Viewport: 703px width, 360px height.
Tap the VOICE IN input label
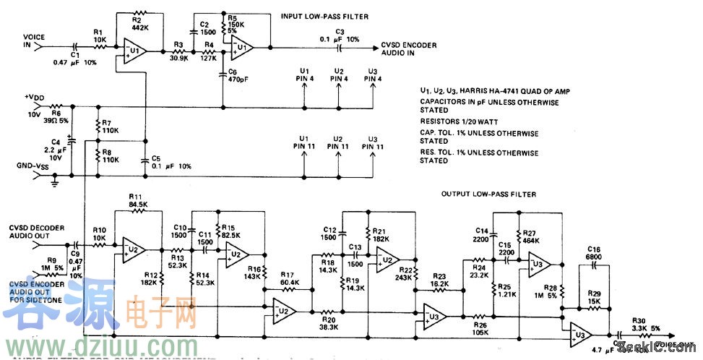point(34,40)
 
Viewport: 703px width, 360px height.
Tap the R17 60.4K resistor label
point(288,278)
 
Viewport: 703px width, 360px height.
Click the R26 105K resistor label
point(481,328)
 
